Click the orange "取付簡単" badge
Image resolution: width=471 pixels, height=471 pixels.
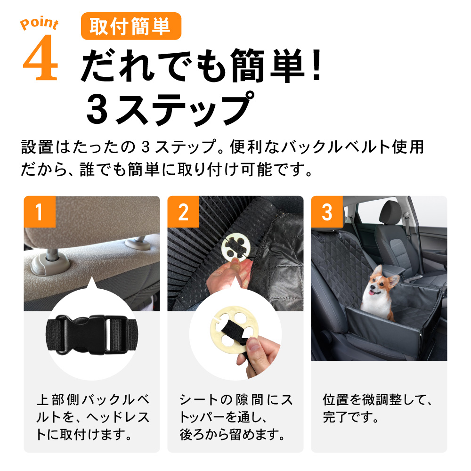pyautogui.click(x=131, y=26)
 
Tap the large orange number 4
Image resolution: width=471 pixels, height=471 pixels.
pyautogui.click(x=40, y=57)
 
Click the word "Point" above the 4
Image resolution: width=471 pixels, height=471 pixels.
pyautogui.click(x=39, y=23)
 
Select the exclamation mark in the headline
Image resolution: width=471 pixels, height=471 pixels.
pyautogui.click(x=317, y=65)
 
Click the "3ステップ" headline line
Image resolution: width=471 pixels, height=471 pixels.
pyautogui.click(x=170, y=109)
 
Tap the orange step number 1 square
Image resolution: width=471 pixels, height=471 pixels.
pyautogui.click(x=40, y=211)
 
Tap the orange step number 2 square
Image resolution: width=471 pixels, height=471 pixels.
pyautogui.click(x=183, y=211)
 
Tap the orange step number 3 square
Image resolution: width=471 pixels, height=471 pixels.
pyautogui.click(x=327, y=211)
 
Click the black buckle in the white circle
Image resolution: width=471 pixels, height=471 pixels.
pyautogui.click(x=92, y=334)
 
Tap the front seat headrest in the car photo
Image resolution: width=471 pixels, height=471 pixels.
pyautogui.click(x=390, y=212)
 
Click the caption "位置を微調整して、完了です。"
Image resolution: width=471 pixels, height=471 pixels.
pyautogui.click(x=377, y=408)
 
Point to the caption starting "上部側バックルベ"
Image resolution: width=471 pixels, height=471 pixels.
pyautogui.click(x=93, y=417)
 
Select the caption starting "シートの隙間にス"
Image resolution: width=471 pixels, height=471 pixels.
pyautogui.click(x=236, y=417)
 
